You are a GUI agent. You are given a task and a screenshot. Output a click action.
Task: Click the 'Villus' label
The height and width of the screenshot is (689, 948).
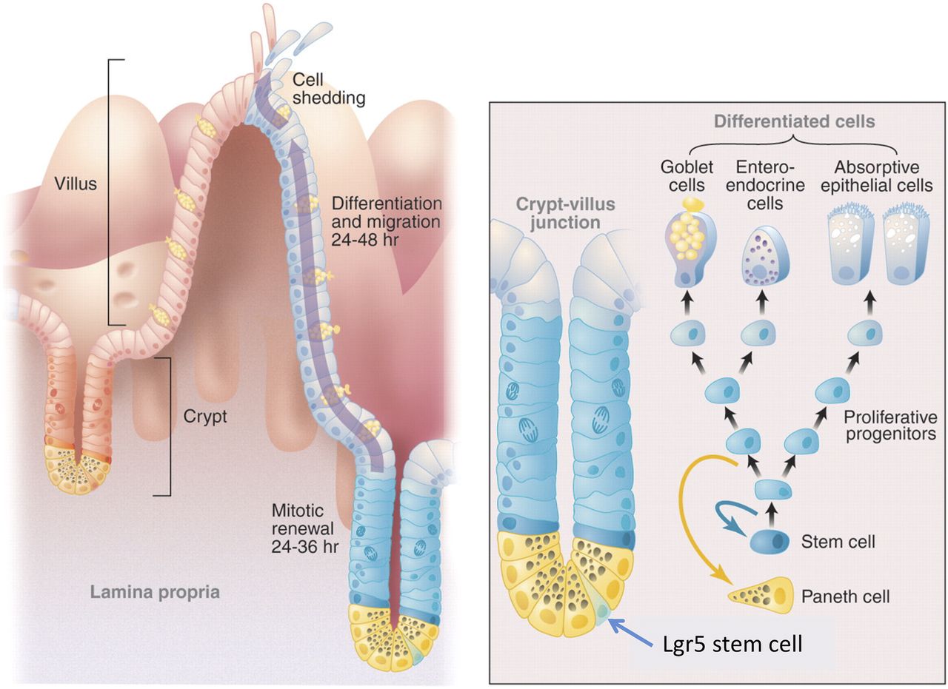coord(76,183)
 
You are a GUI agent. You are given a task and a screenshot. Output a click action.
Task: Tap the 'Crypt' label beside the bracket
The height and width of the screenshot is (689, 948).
coord(205,416)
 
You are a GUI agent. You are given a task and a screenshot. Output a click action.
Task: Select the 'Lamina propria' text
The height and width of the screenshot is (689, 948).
coord(155,592)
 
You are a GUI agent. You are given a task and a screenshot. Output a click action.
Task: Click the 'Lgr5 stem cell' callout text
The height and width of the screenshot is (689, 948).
coord(732,644)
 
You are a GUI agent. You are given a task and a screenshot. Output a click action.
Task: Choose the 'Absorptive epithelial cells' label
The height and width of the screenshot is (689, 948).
coord(880,175)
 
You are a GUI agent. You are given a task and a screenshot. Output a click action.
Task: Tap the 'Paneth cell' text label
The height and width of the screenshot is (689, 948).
coord(846,596)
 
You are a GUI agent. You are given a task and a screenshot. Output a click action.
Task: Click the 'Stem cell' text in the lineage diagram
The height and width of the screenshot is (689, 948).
coord(838,542)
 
